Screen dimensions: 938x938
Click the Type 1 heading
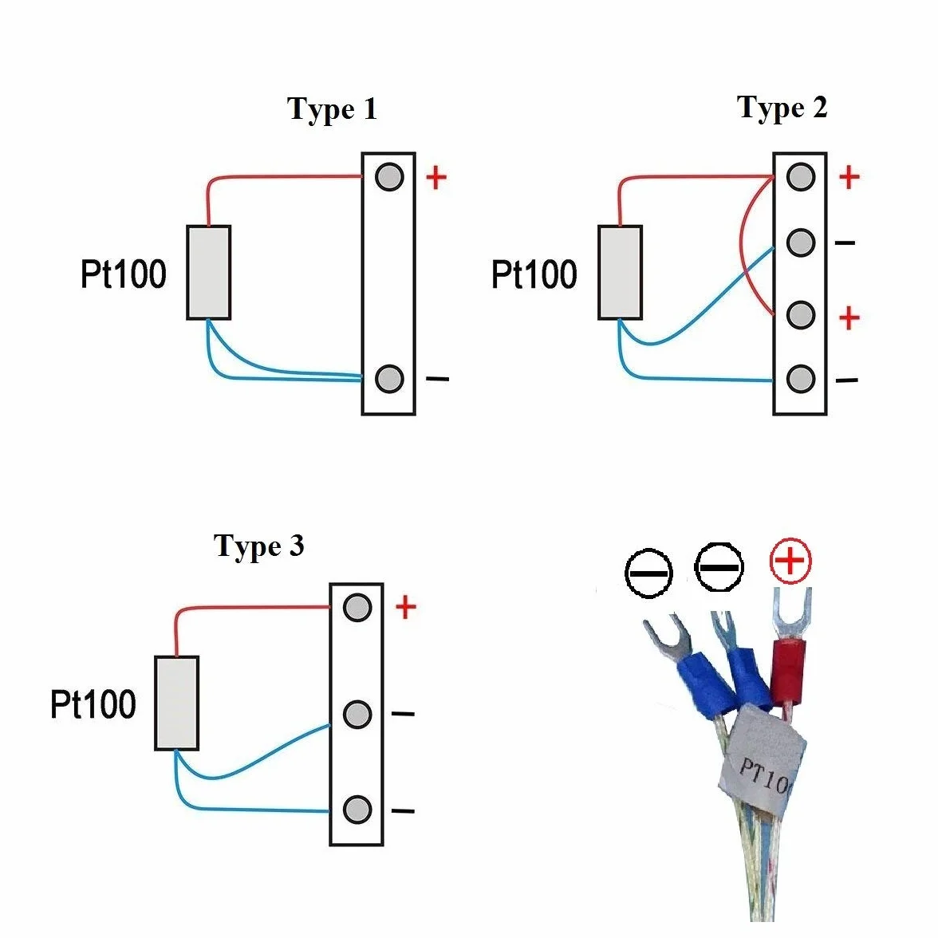332,109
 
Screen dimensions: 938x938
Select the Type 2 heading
782,108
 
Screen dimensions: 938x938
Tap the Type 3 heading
259,546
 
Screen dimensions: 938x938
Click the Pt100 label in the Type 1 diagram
123,274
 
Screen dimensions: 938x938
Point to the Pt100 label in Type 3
93,704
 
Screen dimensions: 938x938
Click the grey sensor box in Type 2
621,272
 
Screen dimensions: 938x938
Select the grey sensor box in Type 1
209,272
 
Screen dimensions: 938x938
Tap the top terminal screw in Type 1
389,176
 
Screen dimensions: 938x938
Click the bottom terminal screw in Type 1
389,378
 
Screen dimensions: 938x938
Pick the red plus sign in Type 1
436,177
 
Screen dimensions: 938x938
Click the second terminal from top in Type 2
801,242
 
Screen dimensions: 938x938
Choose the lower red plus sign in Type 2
849,317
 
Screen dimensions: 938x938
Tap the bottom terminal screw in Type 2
801,378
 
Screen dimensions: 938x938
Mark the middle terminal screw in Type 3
357,714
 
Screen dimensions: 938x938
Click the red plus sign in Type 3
405,607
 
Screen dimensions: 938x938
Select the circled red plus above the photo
790,562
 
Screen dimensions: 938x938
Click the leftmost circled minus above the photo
648,573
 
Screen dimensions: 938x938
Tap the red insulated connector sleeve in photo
788,671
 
